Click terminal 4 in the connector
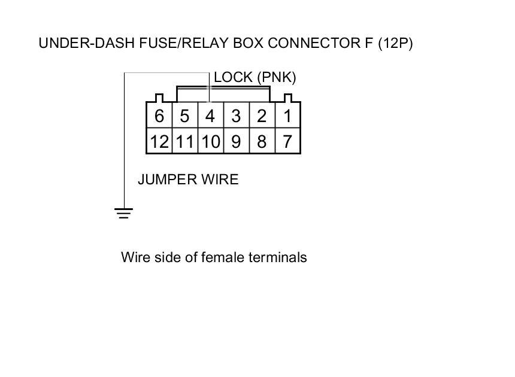(211, 115)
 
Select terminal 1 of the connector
(287, 115)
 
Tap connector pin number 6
(159, 115)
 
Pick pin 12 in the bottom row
(159, 141)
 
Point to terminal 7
(287, 141)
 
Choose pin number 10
(211, 141)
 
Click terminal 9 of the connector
(237, 141)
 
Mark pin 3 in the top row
(237, 115)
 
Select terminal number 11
(185, 141)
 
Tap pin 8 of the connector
(262, 141)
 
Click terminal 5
(185, 115)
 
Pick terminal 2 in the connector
(262, 115)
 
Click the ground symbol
(124, 213)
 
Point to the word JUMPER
(168, 180)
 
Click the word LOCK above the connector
(233, 77)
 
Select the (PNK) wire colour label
(277, 78)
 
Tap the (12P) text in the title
(395, 43)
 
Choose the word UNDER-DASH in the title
(87, 43)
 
